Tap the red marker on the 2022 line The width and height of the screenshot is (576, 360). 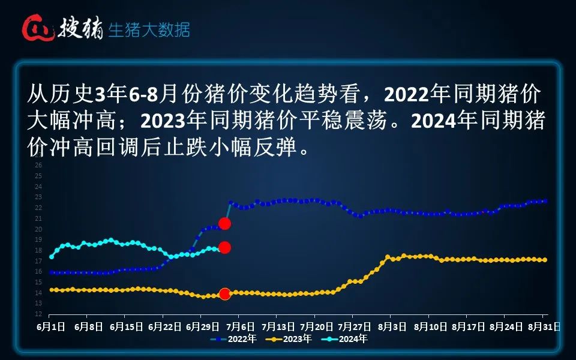click(225, 224)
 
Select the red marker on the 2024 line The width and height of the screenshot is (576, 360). click(225, 247)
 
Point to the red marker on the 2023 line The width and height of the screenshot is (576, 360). click(225, 294)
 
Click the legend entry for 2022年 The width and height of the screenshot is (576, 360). click(234, 339)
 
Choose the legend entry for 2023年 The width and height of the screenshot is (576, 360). click(290, 339)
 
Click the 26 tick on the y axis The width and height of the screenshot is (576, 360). click(38, 165)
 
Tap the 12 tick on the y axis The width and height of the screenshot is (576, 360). click(38, 314)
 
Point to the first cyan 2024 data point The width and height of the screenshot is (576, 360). click(52, 257)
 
